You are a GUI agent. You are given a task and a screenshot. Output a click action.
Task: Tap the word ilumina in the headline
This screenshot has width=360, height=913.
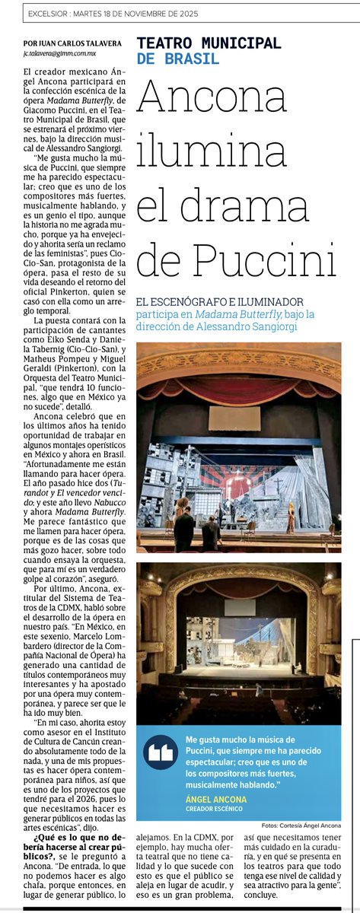[212, 148]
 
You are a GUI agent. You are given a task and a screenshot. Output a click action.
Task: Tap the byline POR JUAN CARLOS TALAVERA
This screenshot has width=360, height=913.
[72, 43]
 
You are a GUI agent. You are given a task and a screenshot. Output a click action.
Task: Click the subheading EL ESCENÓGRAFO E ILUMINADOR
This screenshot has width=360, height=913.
[221, 301]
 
